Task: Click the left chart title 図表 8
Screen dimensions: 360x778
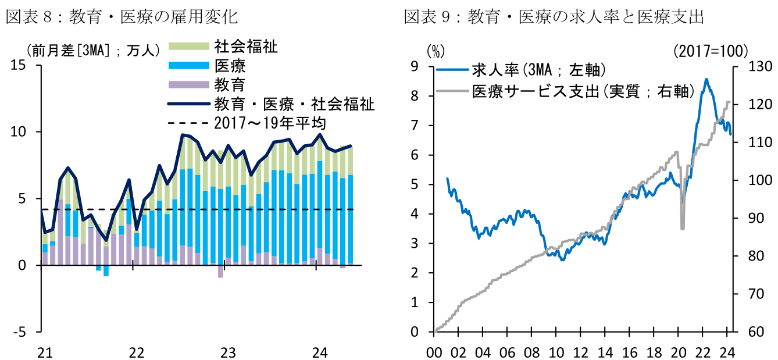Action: [122, 17]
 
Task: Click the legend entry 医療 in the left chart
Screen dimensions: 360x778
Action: [230, 66]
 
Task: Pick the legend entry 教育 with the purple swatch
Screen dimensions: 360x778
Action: [230, 85]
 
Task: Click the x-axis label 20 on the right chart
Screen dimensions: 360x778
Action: [678, 352]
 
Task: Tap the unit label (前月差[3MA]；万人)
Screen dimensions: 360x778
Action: [92, 51]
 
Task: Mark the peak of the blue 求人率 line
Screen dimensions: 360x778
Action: [706, 80]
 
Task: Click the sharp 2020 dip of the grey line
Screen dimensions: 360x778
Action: [683, 228]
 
